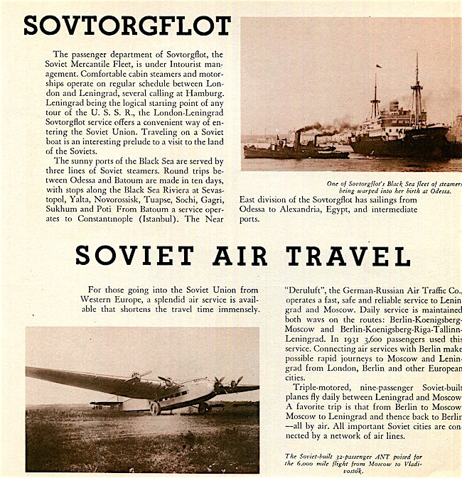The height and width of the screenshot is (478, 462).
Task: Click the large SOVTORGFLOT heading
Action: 127,26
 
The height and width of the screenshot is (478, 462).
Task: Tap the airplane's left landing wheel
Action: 154,408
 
